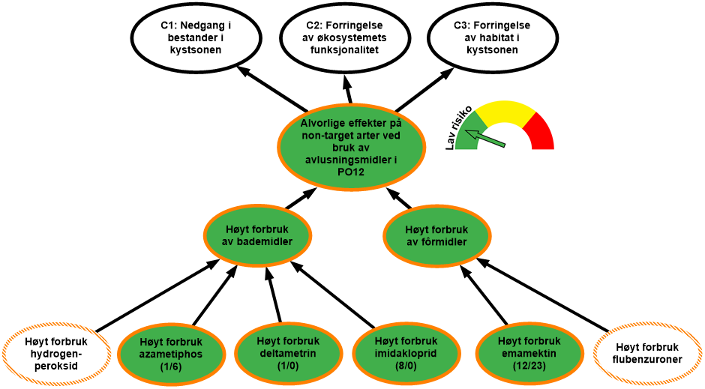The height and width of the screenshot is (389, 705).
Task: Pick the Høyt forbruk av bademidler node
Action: coord(258,235)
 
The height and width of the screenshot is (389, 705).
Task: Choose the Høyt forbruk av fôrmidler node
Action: coord(436,235)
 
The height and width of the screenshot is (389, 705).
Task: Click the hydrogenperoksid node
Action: coord(56,353)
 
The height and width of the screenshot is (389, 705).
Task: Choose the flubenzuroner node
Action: coord(647,353)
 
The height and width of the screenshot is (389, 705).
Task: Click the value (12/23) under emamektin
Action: coord(529,367)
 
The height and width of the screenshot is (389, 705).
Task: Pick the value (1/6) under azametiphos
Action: coord(171,367)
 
